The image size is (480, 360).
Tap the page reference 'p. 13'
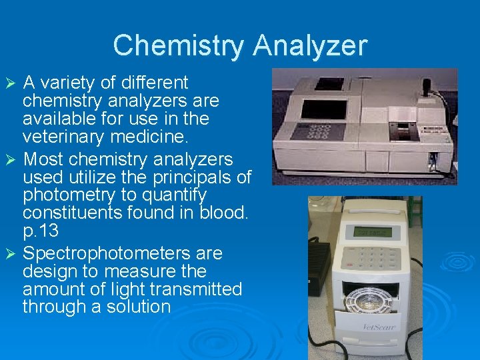pos(40,231)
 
